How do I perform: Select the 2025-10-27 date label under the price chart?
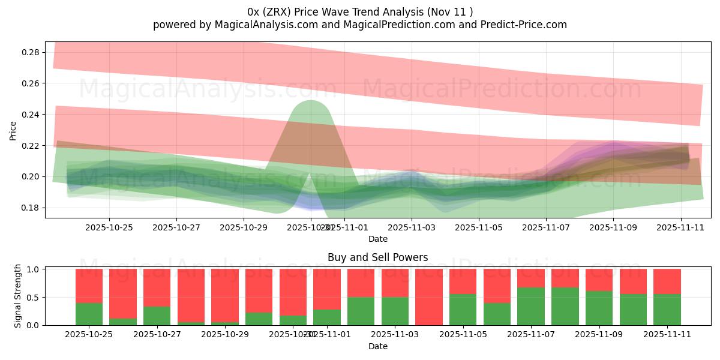[176, 228]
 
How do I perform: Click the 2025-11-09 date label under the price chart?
[613, 228]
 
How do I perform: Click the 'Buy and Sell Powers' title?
[377, 257]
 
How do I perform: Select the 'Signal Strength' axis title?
[18, 296]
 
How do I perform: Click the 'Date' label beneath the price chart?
[377, 239]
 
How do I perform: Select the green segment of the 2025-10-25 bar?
[89, 314]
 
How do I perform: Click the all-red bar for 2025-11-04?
[428, 297]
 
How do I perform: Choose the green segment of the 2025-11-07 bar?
[530, 306]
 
